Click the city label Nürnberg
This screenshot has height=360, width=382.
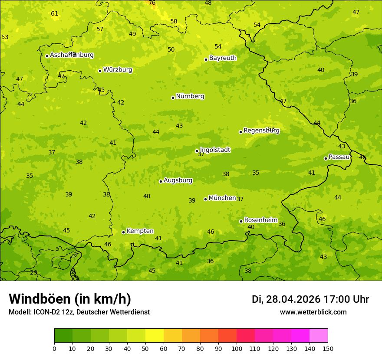pos(190,96)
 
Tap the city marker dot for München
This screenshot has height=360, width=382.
pos(205,199)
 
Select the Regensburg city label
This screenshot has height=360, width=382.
pos(261,131)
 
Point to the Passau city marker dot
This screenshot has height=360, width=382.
pos(326,158)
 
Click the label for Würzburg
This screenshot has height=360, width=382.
pos(118,70)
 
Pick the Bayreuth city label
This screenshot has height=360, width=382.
pos(223,58)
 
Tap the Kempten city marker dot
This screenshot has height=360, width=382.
pos(123,232)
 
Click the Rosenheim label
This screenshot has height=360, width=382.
pos(260,220)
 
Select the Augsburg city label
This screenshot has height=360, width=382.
pos(178,180)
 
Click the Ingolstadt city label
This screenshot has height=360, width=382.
pos(215,150)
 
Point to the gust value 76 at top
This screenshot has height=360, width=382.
pos(152,3)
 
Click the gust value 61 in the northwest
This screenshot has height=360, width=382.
pos(54,14)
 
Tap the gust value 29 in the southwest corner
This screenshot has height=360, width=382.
pos(33,273)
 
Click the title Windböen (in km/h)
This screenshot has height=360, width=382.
pos(70,299)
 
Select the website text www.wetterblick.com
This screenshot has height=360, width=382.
pos(313,312)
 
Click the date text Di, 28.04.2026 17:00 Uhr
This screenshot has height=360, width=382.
pos(310,299)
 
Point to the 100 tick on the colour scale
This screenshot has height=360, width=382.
pos(237,348)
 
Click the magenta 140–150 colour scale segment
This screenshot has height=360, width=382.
pos(319,336)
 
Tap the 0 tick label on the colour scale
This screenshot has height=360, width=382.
pos(54,348)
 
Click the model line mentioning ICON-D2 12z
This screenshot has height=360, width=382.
pos(79,312)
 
